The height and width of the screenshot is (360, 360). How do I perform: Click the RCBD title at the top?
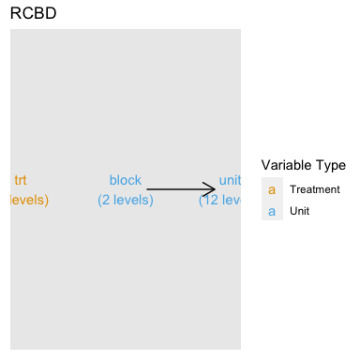pyautogui.click(x=32, y=15)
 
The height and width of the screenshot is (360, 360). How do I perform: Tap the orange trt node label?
pyautogui.click(x=21, y=181)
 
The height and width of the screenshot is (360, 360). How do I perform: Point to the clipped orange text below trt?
pyautogui.click(x=28, y=200)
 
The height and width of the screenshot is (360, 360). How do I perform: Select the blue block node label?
pyautogui.click(x=126, y=181)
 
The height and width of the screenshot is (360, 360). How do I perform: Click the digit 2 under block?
pyautogui.click(x=106, y=200)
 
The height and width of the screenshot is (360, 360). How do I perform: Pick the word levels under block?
pyautogui.click(x=129, y=200)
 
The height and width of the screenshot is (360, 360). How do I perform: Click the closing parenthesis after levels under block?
pyautogui.click(x=151, y=200)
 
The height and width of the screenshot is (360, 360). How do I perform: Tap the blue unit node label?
pyautogui.click(x=229, y=181)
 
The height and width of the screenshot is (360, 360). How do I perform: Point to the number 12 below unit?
pyautogui.click(x=211, y=200)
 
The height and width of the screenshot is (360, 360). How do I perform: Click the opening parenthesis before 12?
pyautogui.click(x=201, y=200)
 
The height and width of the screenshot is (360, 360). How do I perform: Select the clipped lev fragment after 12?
pyautogui.click(x=231, y=200)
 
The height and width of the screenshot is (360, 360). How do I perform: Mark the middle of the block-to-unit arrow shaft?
pyautogui.click(x=180, y=189)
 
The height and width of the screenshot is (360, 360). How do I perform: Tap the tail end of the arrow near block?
pyautogui.click(x=148, y=189)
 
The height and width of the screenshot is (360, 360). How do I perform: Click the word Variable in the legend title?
pyautogui.click(x=288, y=165)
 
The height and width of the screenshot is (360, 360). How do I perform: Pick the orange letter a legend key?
pyautogui.click(x=272, y=189)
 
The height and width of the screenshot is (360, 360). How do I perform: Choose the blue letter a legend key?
pyautogui.click(x=272, y=211)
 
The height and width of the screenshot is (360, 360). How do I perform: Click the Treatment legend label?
pyautogui.click(x=315, y=189)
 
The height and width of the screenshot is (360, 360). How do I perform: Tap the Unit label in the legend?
pyautogui.click(x=300, y=211)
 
